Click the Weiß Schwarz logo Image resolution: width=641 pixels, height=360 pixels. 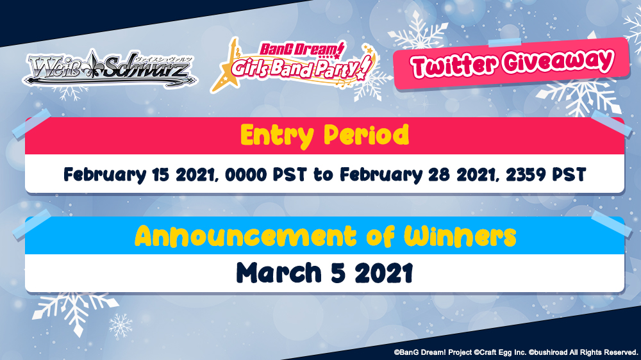pyautogui.click(x=110, y=69)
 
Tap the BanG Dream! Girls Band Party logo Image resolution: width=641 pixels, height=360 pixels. pyautogui.click(x=293, y=65)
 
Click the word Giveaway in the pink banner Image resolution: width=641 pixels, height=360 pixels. pyautogui.click(x=558, y=61)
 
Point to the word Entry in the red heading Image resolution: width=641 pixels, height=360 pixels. pyautogui.click(x=277, y=136)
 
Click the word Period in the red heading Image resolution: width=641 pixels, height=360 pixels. pyautogui.click(x=366, y=135)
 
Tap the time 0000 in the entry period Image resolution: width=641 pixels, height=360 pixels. pyautogui.click(x=246, y=175)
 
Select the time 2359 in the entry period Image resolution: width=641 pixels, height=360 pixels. pyautogui.click(x=526, y=175)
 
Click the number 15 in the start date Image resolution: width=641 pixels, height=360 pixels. pyautogui.click(x=160, y=175)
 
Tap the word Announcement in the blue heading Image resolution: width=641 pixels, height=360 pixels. pyautogui.click(x=246, y=236)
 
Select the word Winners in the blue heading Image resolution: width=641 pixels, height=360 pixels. pyautogui.click(x=460, y=236)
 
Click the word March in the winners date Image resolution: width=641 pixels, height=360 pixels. pyautogui.click(x=279, y=273)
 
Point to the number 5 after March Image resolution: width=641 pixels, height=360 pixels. pyautogui.click(x=338, y=274)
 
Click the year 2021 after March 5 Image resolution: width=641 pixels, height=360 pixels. pyautogui.click(x=383, y=274)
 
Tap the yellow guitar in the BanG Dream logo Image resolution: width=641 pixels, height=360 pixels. pyautogui.click(x=226, y=69)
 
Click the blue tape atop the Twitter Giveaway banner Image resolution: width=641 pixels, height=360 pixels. pyautogui.click(x=504, y=42)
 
